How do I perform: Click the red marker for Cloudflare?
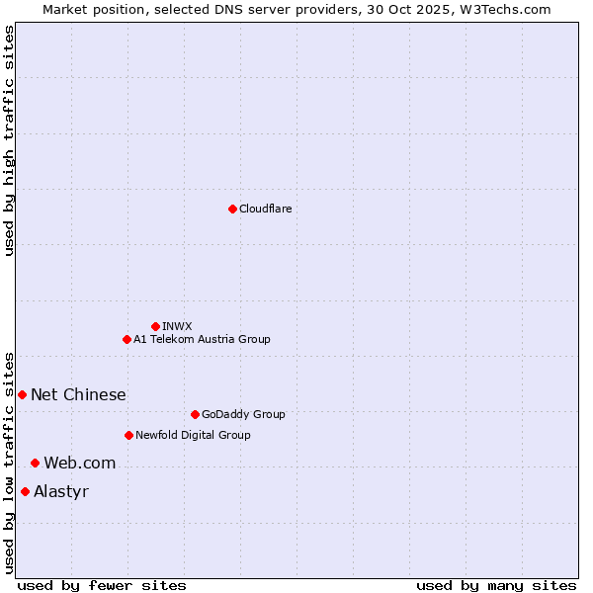coord(232,209)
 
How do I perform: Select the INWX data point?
coord(155,326)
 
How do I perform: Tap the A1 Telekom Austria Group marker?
coord(127,339)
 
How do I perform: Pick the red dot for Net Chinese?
coord(22,394)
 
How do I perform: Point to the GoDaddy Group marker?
coord(195,414)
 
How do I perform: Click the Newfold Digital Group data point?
coord(128,435)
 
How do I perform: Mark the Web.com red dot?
coord(35,463)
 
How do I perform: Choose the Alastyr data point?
coord(25,491)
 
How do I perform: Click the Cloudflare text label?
coord(266,209)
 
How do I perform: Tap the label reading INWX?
coord(178,326)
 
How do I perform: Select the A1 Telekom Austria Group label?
coord(202,339)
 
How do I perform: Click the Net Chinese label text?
coord(78,394)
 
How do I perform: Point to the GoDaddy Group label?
coord(243,414)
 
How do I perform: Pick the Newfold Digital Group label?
coord(193,435)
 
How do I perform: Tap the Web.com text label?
coord(79,463)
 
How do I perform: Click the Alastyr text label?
coord(61,491)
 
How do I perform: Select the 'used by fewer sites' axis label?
coord(102,586)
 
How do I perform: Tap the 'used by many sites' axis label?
coord(496,586)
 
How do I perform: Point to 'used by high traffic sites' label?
coord(9,140)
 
